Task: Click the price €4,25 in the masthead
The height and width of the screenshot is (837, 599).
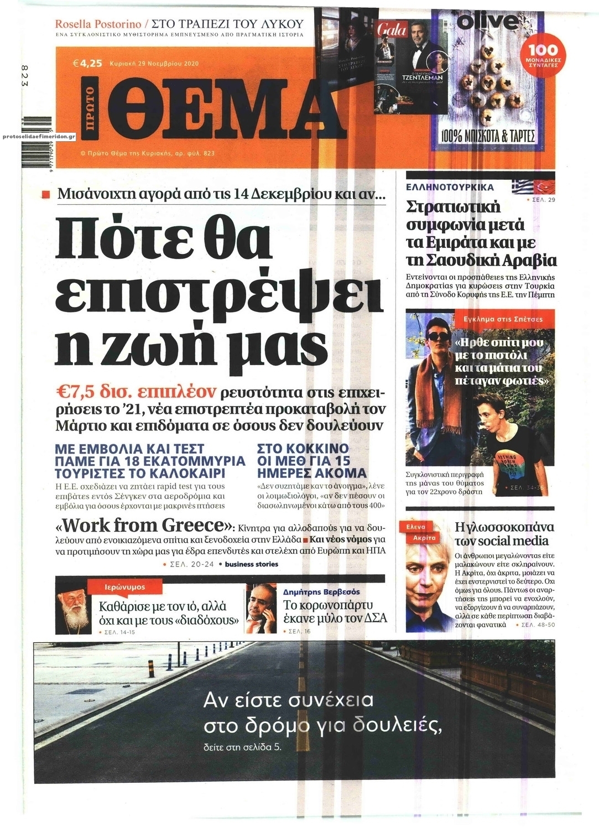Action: pyautogui.click(x=87, y=63)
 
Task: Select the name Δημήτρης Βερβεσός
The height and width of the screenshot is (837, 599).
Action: pyautogui.click(x=321, y=591)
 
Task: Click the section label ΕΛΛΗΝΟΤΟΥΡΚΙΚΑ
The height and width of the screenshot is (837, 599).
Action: pyautogui.click(x=450, y=187)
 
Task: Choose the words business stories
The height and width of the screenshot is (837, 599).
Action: pyautogui.click(x=252, y=564)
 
